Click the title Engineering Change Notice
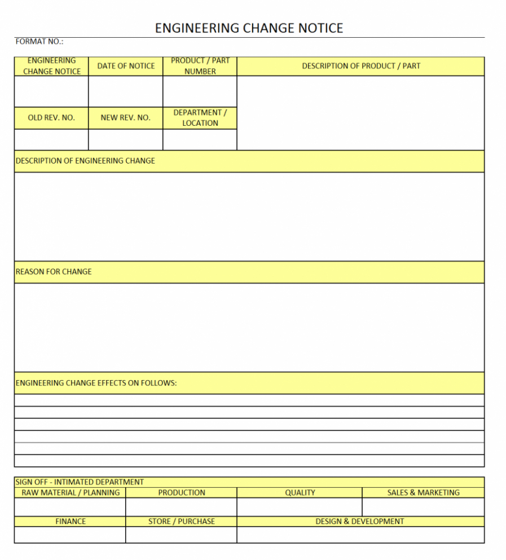(x=249, y=28)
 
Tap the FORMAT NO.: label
(x=39, y=42)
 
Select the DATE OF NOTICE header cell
(x=126, y=66)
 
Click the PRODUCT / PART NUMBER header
(x=200, y=66)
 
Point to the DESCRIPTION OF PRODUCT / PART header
(x=361, y=66)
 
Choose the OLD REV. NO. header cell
(x=51, y=118)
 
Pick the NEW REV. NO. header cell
(x=126, y=118)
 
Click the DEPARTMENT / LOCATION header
(x=200, y=118)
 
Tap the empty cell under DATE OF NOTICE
(x=126, y=91)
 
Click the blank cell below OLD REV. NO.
(x=51, y=139)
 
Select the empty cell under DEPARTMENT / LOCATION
(x=200, y=139)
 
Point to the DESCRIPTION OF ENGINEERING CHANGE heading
(x=85, y=161)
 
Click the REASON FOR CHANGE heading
(x=54, y=272)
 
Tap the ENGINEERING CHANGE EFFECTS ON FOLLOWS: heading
(x=96, y=383)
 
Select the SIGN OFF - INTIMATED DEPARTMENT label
(x=80, y=482)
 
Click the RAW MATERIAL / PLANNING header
(x=71, y=492)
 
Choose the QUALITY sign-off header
(x=300, y=492)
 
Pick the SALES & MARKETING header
(x=423, y=492)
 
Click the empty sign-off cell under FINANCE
(x=71, y=535)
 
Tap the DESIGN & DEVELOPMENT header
(x=360, y=521)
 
